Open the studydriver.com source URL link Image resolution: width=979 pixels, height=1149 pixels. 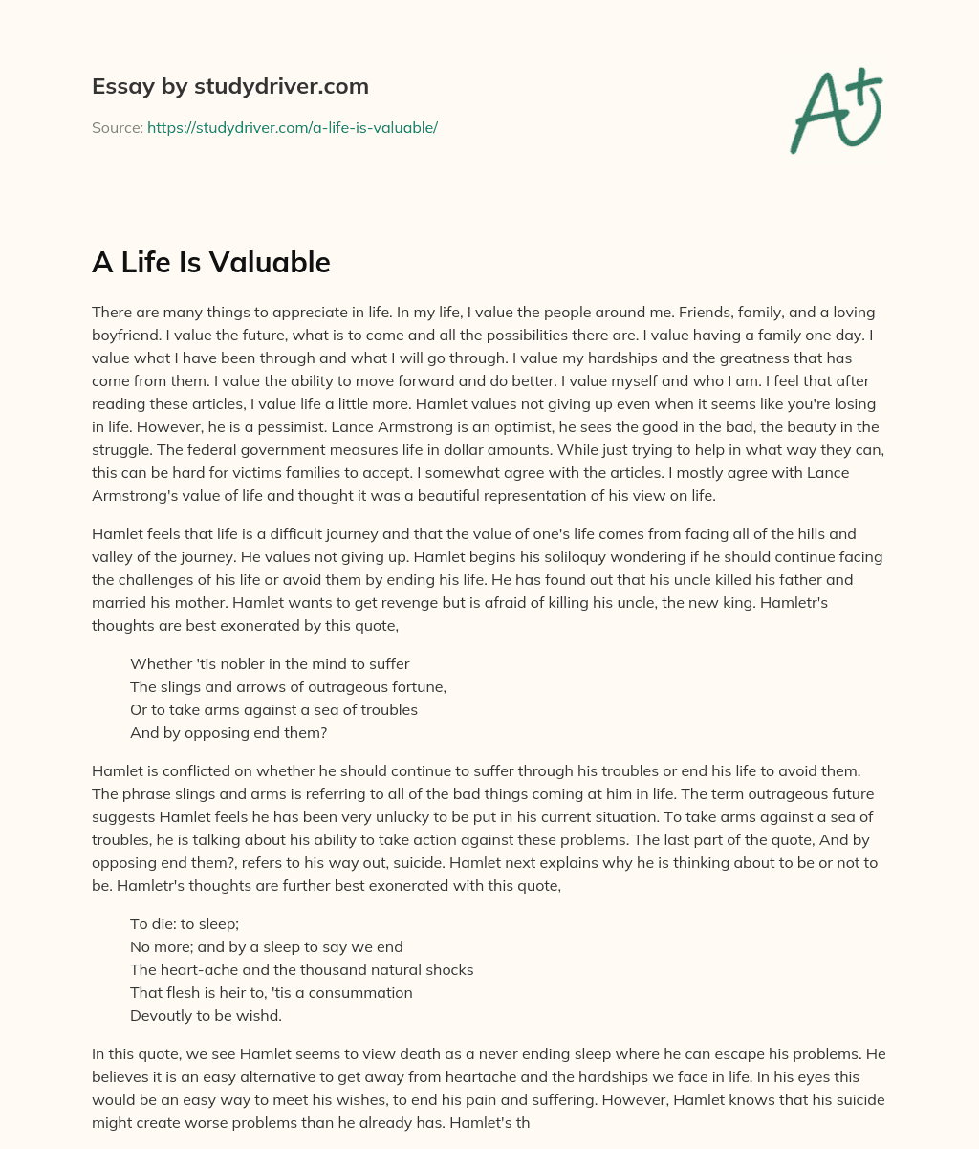(292, 127)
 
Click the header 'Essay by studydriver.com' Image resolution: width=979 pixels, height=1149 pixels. (229, 86)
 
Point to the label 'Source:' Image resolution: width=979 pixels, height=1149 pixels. (117, 127)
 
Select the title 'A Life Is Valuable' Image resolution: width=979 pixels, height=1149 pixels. (210, 262)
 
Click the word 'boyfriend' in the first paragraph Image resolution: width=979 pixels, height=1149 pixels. (126, 335)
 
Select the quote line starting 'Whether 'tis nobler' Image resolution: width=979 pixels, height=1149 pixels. (270, 663)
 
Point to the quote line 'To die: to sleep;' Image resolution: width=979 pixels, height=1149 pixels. (184, 923)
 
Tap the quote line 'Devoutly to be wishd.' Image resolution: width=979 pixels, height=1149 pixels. (206, 1015)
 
